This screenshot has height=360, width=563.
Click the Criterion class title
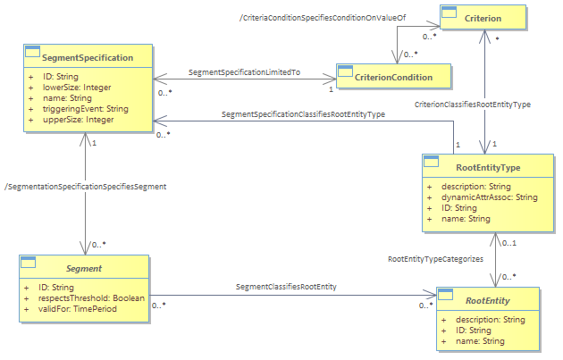click(483, 18)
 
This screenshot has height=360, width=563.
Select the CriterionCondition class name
click(393, 77)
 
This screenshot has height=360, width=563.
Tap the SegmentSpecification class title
click(88, 57)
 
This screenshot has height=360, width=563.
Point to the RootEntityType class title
click(488, 168)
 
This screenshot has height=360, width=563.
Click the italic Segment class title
click(84, 269)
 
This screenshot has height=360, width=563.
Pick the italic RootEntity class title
click(488, 300)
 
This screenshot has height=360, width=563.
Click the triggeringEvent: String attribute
click(86, 109)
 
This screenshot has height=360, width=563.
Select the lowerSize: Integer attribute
click(77, 88)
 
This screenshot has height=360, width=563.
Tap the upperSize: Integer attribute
click(79, 120)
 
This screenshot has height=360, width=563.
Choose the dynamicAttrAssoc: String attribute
click(490, 197)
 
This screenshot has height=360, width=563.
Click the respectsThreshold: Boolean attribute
click(91, 297)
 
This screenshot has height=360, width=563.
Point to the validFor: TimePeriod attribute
click(78, 309)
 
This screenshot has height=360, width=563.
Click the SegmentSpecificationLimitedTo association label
click(244, 72)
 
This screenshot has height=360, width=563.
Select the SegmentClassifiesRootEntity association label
click(286, 287)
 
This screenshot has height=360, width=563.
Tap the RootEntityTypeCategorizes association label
click(435, 259)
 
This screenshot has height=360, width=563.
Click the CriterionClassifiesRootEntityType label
click(473, 105)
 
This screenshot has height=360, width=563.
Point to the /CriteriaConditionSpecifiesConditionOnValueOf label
click(323, 18)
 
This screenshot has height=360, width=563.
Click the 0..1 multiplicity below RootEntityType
click(509, 243)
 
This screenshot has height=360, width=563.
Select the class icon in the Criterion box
click(449, 13)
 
